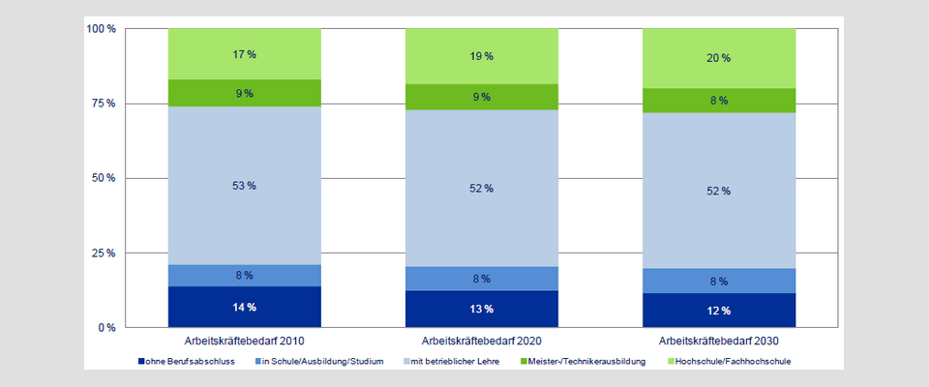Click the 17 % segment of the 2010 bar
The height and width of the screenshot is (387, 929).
(x=244, y=54)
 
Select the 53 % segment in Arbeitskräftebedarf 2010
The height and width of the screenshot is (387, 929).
(x=244, y=185)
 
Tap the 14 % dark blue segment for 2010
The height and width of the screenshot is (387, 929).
(x=244, y=307)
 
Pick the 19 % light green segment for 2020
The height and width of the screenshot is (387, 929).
(x=481, y=56)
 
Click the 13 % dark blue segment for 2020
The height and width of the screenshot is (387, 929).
(x=481, y=309)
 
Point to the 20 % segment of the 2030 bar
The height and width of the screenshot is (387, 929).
(x=718, y=58)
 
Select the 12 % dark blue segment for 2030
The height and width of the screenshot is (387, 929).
(x=718, y=310)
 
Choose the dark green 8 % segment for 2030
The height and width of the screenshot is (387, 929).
(x=718, y=100)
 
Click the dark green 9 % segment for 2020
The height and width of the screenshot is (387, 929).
(x=481, y=97)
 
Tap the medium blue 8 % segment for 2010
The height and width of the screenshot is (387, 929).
(x=244, y=276)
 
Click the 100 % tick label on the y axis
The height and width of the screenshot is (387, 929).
(x=102, y=29)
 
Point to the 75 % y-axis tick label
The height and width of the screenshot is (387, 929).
(x=104, y=104)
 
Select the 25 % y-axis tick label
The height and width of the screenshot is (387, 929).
(x=104, y=253)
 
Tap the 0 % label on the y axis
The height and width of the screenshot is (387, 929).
(x=106, y=328)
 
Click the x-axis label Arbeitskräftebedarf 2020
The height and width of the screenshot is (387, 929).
(x=481, y=342)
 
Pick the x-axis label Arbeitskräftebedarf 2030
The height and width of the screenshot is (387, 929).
(x=718, y=342)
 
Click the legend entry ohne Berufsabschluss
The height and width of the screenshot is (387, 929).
(x=190, y=362)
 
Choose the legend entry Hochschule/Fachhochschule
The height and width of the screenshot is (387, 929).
(x=736, y=362)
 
